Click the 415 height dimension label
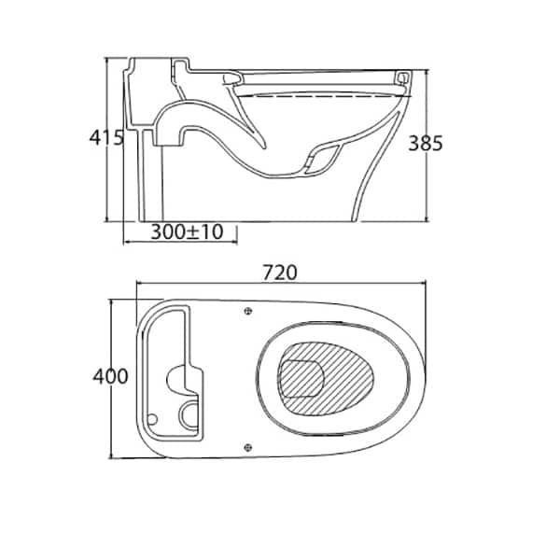(x=106, y=137)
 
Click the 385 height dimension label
(x=426, y=143)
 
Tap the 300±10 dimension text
(x=187, y=232)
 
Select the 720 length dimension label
(x=280, y=273)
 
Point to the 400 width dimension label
(x=110, y=376)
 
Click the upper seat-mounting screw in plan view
(x=248, y=311)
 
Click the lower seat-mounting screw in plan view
(x=248, y=447)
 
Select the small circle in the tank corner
(x=152, y=419)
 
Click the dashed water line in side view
(x=323, y=96)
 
